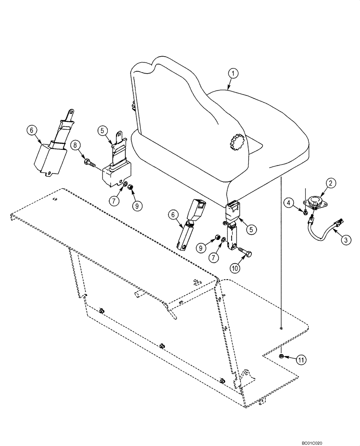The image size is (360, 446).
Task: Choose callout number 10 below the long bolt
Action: coord(235,268)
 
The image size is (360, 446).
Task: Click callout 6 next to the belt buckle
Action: coord(171,215)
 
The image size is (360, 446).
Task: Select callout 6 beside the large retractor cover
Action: coord(31,130)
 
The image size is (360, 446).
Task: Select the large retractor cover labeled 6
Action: coord(50,155)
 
